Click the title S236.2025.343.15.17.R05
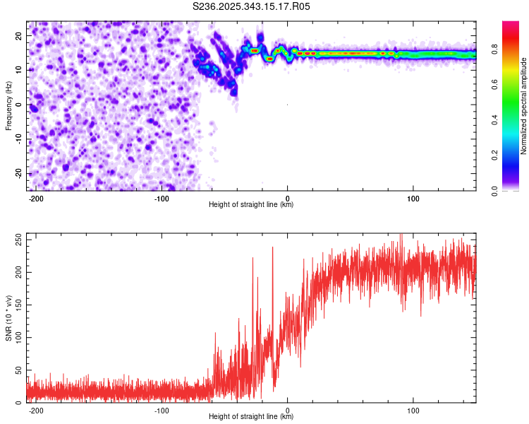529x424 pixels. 252,6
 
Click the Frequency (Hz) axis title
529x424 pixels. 9,105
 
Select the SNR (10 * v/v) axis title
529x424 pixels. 9,317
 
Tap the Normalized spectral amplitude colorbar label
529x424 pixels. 524,106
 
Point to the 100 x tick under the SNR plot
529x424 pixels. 413,409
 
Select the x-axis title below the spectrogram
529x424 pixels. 251,205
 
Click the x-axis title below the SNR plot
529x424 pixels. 251,417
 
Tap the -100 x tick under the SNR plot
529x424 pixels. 162,409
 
